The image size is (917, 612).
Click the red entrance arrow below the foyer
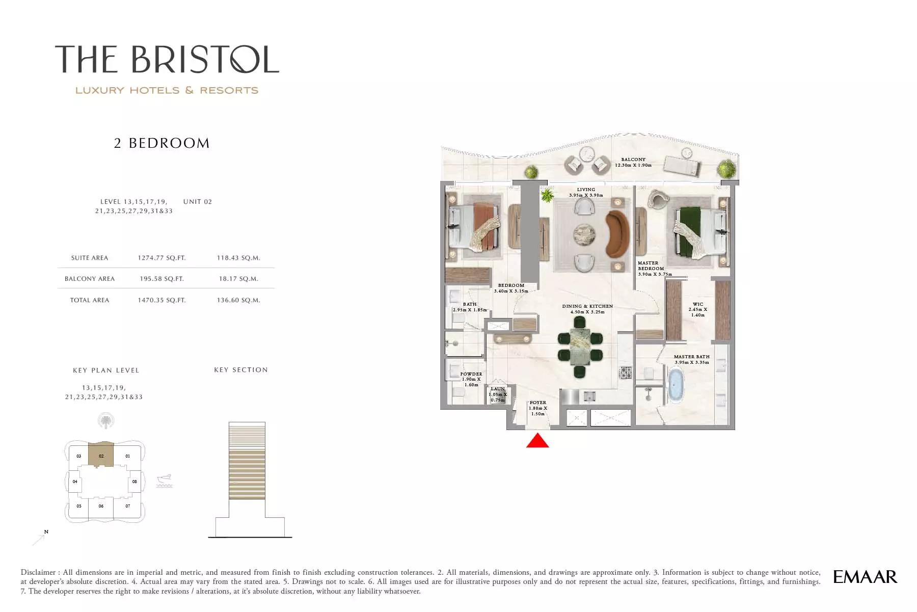point(537,441)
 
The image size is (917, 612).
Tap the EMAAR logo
point(865,577)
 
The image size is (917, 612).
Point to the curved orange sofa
point(618,234)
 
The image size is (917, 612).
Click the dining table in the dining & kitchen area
point(580,347)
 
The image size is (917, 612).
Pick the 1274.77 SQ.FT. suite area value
point(161,258)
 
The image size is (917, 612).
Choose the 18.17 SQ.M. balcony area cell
point(238,279)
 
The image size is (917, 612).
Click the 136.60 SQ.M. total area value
point(238,300)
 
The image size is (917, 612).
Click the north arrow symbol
point(40,538)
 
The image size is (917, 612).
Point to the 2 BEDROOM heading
point(162,143)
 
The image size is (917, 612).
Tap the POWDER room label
point(471,374)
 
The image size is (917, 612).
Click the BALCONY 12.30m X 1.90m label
point(633,163)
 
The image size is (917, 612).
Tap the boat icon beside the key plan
point(165,480)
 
